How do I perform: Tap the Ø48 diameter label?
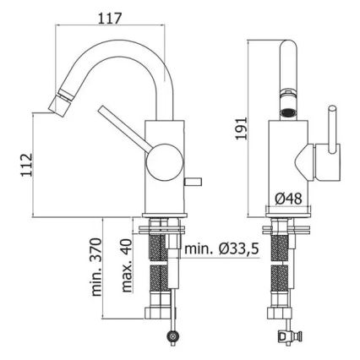coord(287,198)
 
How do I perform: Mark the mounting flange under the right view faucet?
coord(288,227)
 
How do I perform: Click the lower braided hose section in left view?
coord(157,292)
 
